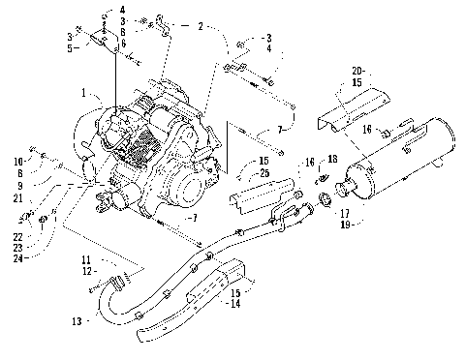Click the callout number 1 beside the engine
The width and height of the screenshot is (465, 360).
(84, 94)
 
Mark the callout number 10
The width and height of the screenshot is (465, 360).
(19, 160)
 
